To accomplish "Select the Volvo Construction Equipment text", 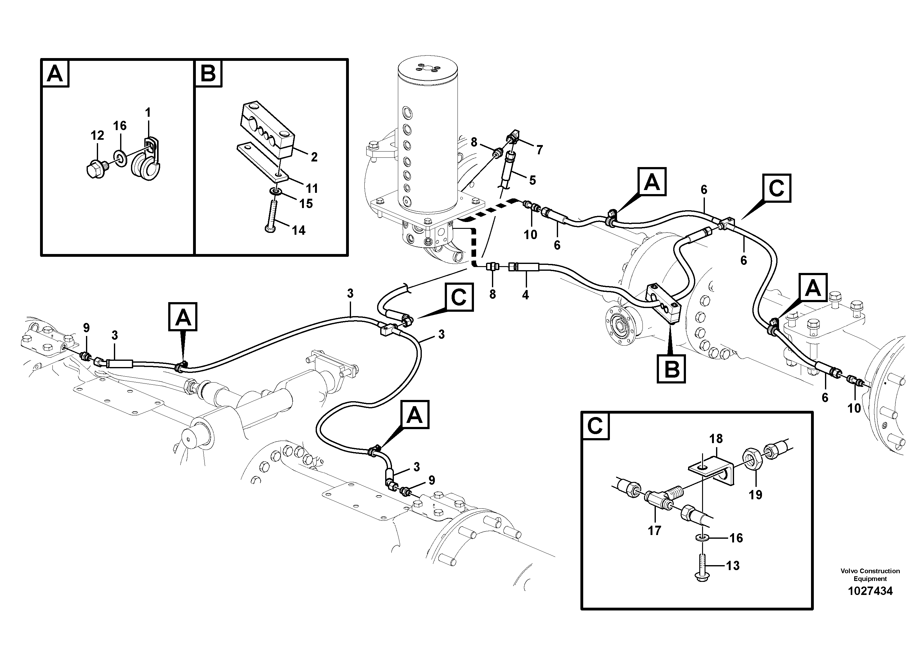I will pos(870,574).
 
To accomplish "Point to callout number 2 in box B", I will pos(314,157).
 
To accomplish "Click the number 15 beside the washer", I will pos(306,204).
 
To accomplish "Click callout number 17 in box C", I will pos(654,531).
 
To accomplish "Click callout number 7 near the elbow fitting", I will pos(539,150).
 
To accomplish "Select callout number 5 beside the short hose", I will pos(532,180).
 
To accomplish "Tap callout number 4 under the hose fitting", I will pos(525,295).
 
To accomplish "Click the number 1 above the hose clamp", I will pos(148,112).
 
